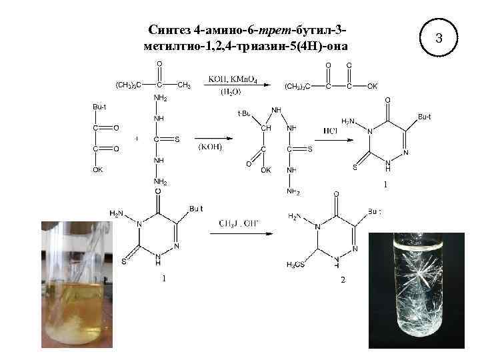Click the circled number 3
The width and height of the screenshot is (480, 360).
(439, 39)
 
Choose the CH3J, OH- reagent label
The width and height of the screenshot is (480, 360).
(239, 223)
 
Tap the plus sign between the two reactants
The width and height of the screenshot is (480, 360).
(137, 139)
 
